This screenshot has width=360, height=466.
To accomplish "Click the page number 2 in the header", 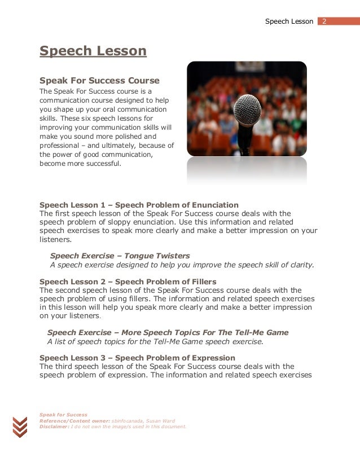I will pos(325,21).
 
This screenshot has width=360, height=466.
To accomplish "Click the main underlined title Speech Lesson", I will pos(93,51).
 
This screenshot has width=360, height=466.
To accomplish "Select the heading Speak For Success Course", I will pos(99,81).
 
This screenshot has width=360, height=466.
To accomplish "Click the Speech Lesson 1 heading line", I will pos(139,205).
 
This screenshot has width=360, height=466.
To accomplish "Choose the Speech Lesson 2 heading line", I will pos(128,282).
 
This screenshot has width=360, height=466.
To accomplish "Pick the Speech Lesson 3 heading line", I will pos(137,358).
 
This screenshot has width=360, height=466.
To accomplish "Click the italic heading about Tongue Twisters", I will pos(120,256).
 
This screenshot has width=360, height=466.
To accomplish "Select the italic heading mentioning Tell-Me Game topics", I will pos(168,333).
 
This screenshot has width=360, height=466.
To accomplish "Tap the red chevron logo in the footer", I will pos(20,427).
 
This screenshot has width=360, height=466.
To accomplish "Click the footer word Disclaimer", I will pos(50,427).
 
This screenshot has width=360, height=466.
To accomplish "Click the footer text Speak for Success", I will pos(63,415).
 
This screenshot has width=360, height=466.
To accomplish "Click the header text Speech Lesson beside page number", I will pos(289,21).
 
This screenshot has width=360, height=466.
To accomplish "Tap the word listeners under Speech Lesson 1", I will pos(55,239).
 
